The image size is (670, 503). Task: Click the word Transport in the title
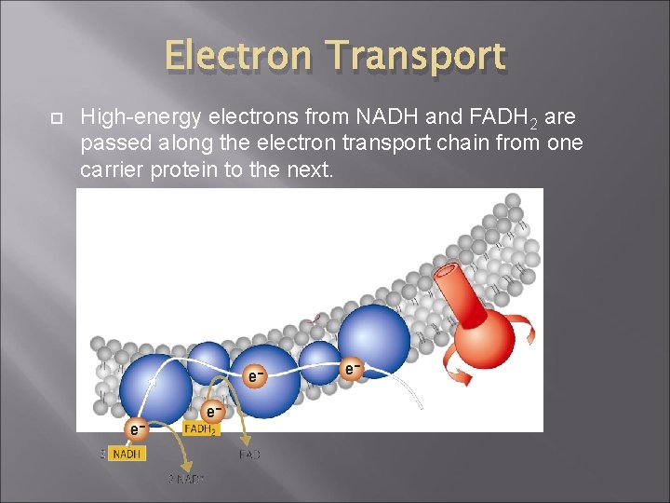(417, 56)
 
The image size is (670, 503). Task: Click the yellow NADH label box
(127, 454)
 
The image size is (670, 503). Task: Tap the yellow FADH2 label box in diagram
(201, 429)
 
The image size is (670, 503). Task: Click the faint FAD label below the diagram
(249, 455)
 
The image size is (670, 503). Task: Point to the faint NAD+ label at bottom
(185, 479)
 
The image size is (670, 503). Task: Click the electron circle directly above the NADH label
(137, 429)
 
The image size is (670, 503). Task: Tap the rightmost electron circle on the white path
(352, 369)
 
